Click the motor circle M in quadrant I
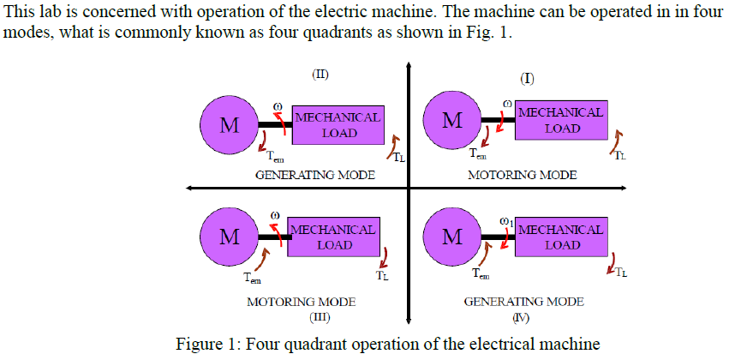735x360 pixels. click(x=452, y=120)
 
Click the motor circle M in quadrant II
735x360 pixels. click(x=229, y=125)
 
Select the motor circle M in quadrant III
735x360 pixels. click(x=229, y=237)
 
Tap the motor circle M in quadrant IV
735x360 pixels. click(x=452, y=237)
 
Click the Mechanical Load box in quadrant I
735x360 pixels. click(x=561, y=120)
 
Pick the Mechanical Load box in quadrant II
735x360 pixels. click(x=338, y=125)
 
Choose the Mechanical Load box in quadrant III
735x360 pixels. click(x=334, y=237)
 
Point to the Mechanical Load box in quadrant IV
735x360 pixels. click(x=561, y=237)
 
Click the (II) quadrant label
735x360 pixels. click(x=320, y=74)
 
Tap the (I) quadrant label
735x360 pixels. click(x=528, y=79)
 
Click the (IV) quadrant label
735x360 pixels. click(x=522, y=317)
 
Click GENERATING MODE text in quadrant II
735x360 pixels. click(x=314, y=175)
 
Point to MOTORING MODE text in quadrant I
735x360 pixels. click(x=522, y=175)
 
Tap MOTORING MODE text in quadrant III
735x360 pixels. click(x=301, y=303)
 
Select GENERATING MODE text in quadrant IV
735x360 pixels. click(x=523, y=303)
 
